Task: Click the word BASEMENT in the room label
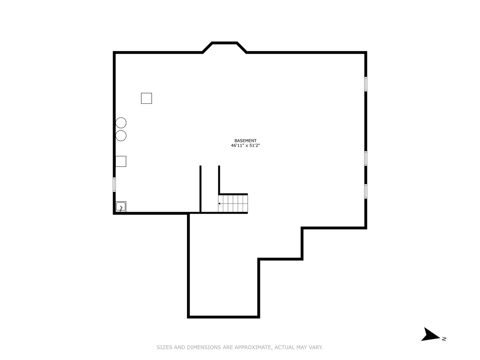(x=245, y=141)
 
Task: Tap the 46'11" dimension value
(x=237, y=145)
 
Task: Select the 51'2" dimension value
(x=254, y=145)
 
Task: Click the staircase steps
(x=233, y=204)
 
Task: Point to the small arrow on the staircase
(x=219, y=203)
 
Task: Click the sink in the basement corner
(x=121, y=207)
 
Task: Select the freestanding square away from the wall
(x=146, y=98)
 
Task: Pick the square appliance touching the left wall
(x=121, y=161)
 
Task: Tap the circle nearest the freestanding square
(x=121, y=123)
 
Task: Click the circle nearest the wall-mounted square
(x=121, y=136)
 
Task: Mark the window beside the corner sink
(x=114, y=185)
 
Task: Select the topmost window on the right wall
(x=366, y=84)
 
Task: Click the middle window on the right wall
(x=366, y=158)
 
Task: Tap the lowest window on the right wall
(x=366, y=191)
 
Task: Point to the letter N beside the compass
(x=444, y=339)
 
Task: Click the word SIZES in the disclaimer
(x=164, y=347)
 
